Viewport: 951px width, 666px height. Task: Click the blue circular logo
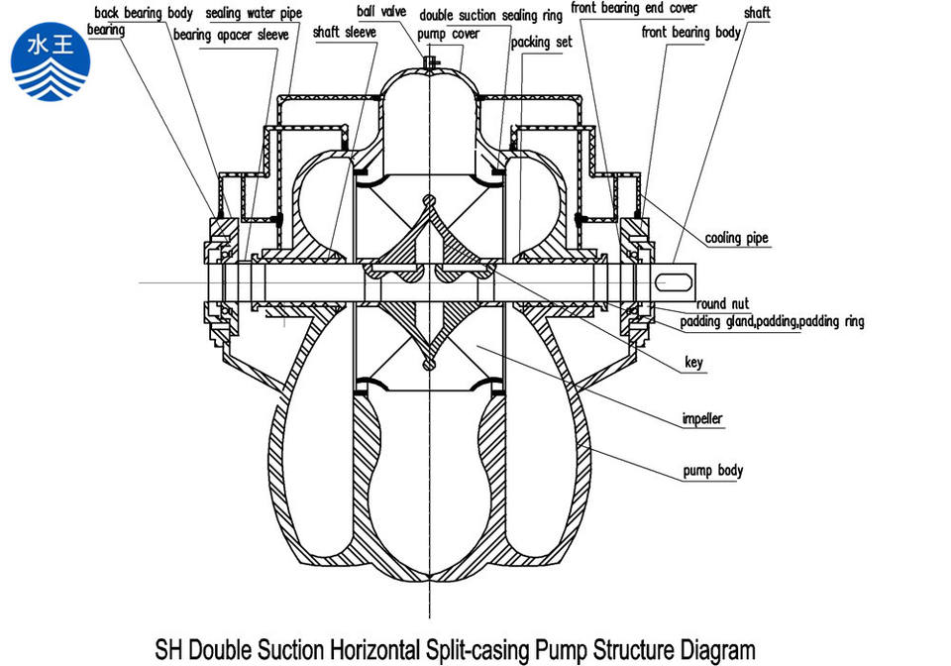coord(51,61)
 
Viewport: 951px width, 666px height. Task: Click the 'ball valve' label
coord(380,11)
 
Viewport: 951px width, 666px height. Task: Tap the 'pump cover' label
coord(448,34)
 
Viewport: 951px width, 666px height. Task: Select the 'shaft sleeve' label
coord(345,32)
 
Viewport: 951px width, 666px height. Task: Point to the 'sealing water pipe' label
coord(254,13)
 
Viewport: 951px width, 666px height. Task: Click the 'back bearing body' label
coord(143,13)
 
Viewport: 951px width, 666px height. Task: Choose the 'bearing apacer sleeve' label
coord(231,35)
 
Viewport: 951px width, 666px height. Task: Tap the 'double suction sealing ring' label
coord(491,15)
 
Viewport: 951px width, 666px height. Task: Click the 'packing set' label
coord(541,42)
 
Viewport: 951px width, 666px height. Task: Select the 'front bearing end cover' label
coord(634,9)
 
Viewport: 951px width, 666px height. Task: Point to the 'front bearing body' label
coord(691,32)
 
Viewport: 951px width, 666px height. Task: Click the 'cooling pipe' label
coord(736,238)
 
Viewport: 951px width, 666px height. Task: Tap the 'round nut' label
coord(722,303)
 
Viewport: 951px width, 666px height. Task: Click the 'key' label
coord(693,362)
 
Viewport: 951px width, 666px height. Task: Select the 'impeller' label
coord(702,418)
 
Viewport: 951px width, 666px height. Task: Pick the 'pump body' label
coord(712,471)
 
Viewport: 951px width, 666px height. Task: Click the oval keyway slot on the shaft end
coord(674,281)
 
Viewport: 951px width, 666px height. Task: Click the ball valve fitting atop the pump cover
coord(429,62)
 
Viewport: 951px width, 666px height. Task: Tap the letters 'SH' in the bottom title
coord(169,649)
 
